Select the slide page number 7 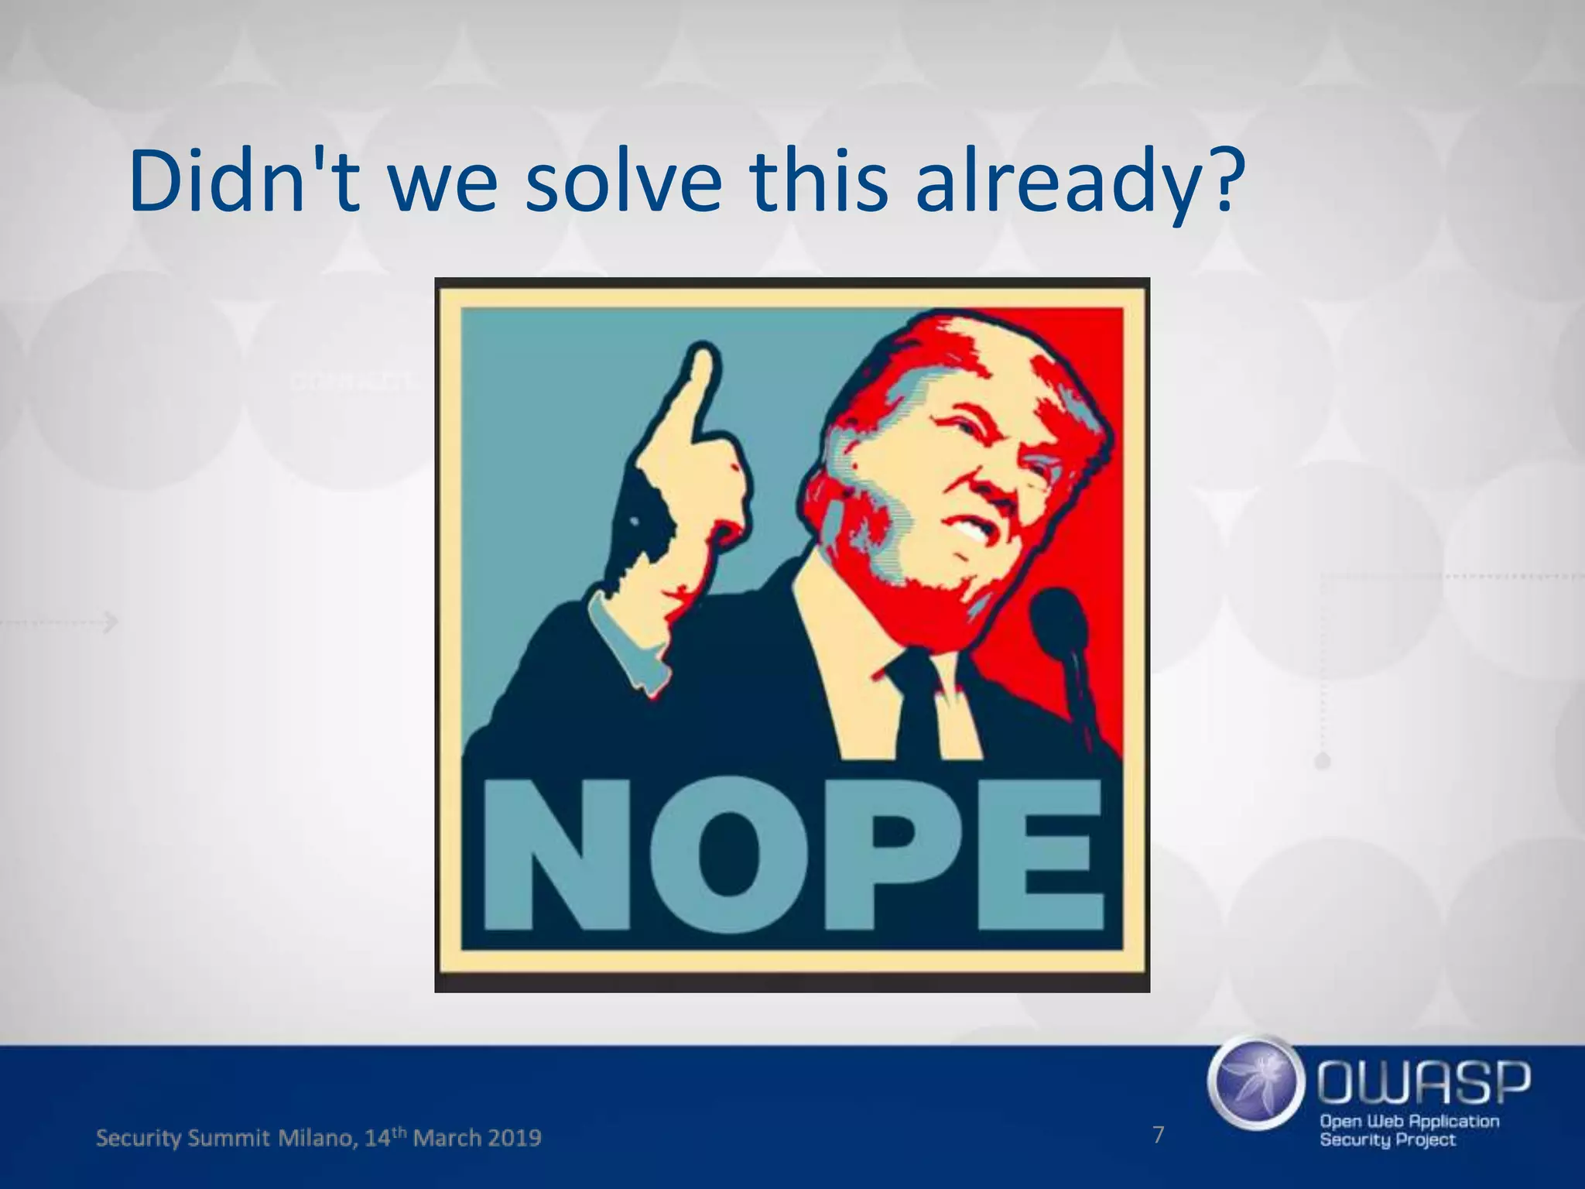pyautogui.click(x=1159, y=1135)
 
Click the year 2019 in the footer pyautogui.click(x=514, y=1138)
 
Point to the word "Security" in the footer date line pyautogui.click(x=139, y=1138)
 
